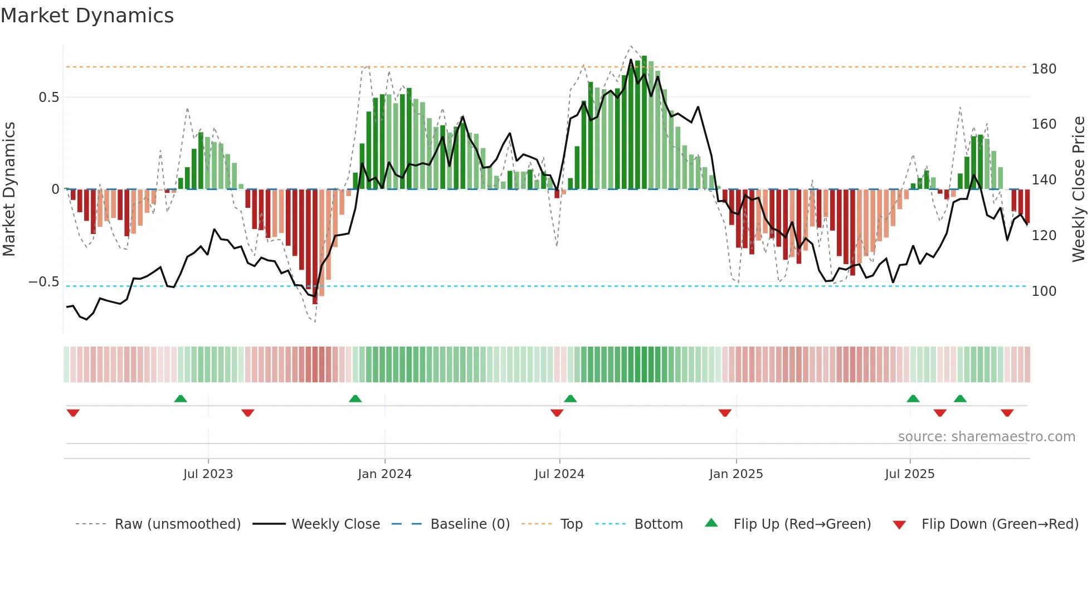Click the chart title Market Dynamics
[87, 16]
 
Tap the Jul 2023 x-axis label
[208, 474]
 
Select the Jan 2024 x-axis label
[384, 474]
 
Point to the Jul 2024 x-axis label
[559, 474]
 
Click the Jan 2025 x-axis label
[736, 474]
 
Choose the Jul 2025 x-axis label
[910, 474]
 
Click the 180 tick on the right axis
[1044, 69]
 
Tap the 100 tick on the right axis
[1044, 291]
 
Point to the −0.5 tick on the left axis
[43, 282]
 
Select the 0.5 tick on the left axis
[48, 98]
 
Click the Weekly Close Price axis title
[1079, 189]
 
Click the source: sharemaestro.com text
[986, 437]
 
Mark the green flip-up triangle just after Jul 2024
[570, 398]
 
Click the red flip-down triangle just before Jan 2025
[724, 413]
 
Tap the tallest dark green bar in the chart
[644, 123]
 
